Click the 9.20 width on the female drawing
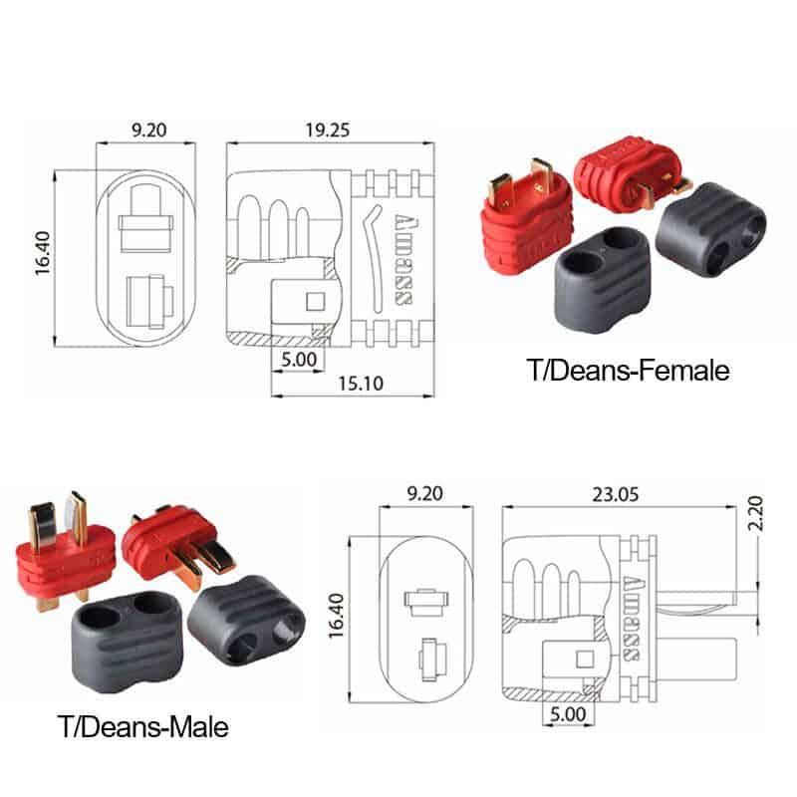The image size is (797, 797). (x=145, y=130)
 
